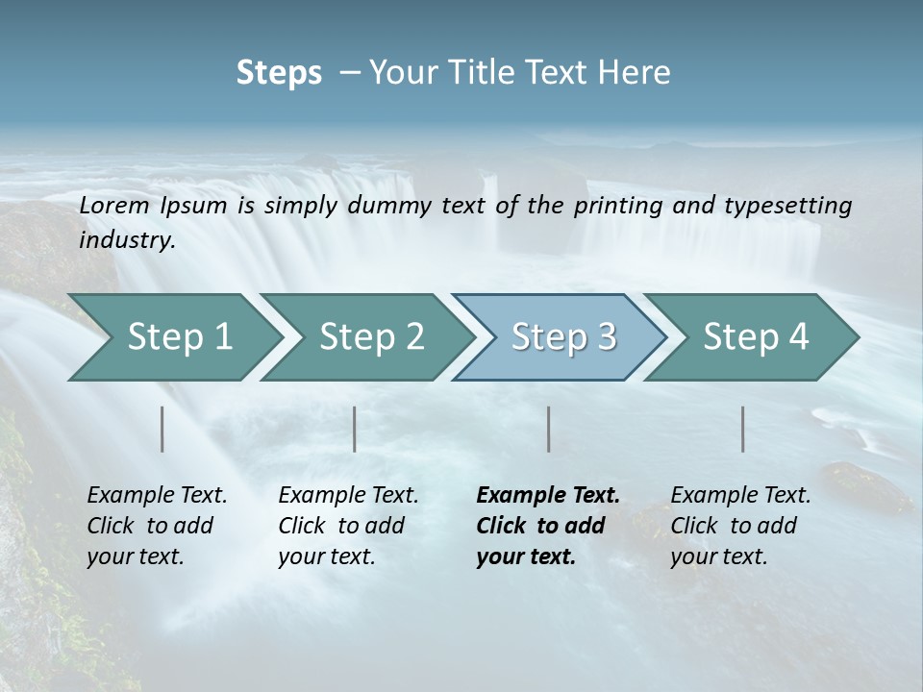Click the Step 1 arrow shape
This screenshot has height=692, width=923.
[178, 336]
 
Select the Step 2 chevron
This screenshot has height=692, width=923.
[370, 336]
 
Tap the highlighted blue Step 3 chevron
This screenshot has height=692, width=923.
[562, 336]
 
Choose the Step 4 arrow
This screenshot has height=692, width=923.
[755, 336]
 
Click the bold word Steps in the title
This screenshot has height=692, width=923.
[279, 72]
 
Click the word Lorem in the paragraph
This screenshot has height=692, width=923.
[114, 205]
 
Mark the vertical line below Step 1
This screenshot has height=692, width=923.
[162, 429]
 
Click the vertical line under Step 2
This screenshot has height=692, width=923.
[355, 429]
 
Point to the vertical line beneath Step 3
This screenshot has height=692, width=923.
[549, 429]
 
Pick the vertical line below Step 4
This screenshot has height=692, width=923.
[743, 429]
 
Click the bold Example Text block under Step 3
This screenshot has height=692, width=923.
[548, 526]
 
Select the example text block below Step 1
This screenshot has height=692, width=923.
[157, 526]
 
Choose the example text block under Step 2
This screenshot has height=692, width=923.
[348, 526]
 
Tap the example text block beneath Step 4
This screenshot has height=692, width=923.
[740, 526]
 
